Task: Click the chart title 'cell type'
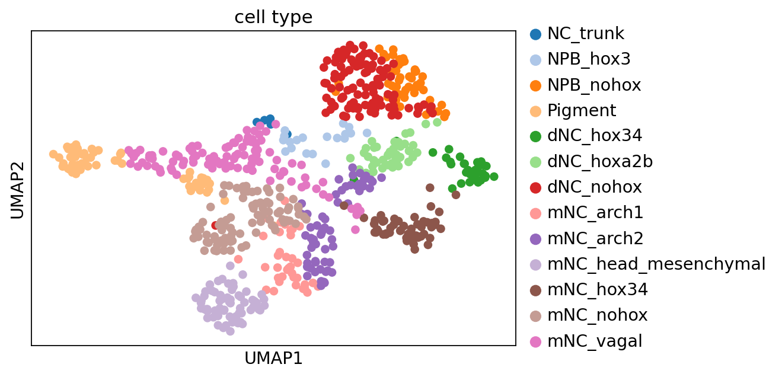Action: [273, 17]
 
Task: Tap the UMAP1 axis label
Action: [273, 358]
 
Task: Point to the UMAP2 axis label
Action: [17, 190]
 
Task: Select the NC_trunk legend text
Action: [585, 34]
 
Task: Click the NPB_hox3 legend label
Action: [589, 59]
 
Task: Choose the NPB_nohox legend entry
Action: [594, 85]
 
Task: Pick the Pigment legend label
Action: [582, 111]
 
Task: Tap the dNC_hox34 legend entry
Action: [595, 136]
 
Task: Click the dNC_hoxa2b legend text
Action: [600, 162]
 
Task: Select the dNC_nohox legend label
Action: [595, 187]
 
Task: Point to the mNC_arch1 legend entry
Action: [595, 213]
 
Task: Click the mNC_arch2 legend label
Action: [595, 239]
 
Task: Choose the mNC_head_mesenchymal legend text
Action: [656, 264]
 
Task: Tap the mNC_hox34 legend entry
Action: [598, 290]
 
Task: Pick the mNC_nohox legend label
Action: [598, 315]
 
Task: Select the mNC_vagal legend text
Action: [595, 341]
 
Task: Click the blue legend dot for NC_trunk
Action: [535, 34]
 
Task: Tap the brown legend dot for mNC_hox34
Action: [535, 290]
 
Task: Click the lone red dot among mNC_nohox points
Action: [215, 225]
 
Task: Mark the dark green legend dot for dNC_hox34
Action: [535, 136]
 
